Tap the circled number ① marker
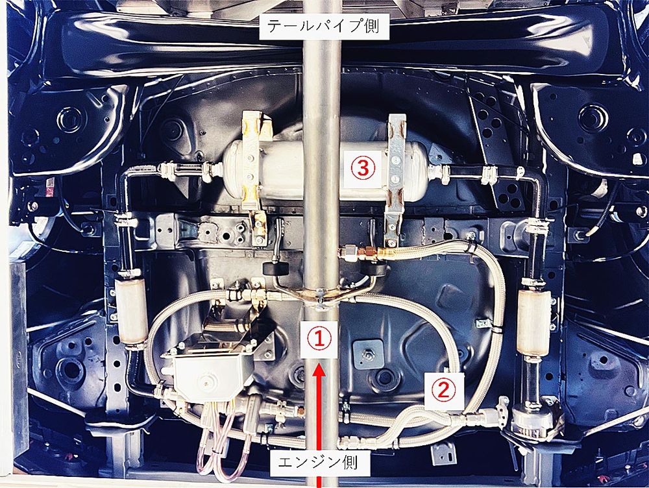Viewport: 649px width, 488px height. pos(319,339)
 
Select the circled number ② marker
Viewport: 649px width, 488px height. pos(444,389)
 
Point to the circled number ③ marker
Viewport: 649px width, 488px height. pos(363,168)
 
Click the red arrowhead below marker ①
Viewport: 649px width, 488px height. pos(319,370)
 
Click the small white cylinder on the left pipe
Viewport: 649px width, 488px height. pos(131,310)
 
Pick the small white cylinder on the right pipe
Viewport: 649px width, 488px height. pos(534,322)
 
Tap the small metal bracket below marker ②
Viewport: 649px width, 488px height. pos(443,454)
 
